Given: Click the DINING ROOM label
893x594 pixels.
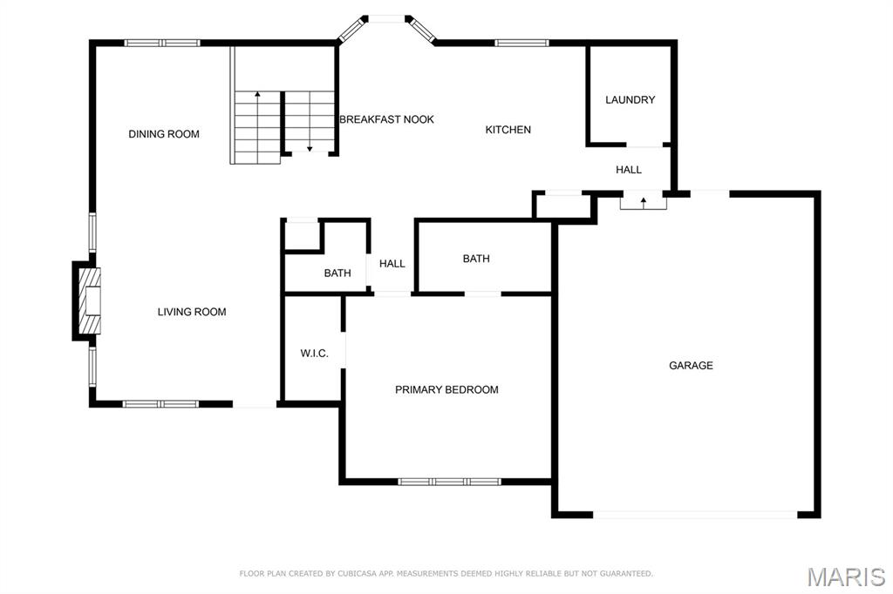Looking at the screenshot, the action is click(164, 134).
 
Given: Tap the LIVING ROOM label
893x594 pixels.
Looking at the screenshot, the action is click(192, 312).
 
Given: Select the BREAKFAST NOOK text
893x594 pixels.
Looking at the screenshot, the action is click(386, 119).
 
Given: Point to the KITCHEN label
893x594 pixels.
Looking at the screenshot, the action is click(508, 130).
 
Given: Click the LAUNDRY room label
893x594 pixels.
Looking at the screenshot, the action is click(630, 100).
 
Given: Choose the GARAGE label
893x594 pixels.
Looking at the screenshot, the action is click(691, 365).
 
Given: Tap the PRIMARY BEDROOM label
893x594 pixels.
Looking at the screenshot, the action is click(446, 389).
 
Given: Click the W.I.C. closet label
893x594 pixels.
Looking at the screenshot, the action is click(314, 354).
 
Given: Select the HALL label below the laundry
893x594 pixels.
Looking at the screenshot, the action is click(629, 170).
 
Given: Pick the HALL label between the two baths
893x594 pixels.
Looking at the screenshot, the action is click(392, 263).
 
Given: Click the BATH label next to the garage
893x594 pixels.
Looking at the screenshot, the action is click(476, 259).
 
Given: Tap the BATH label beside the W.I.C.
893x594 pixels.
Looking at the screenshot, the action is click(337, 273).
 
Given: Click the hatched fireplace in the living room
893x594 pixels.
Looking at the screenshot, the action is click(90, 301).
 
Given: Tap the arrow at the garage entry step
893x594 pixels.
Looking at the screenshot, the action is click(644, 203).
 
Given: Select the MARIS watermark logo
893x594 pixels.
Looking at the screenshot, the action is click(846, 577).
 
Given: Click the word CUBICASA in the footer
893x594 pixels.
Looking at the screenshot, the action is click(356, 573).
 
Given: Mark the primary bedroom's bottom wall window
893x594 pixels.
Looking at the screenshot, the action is click(449, 482).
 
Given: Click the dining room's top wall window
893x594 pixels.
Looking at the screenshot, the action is click(162, 43).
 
